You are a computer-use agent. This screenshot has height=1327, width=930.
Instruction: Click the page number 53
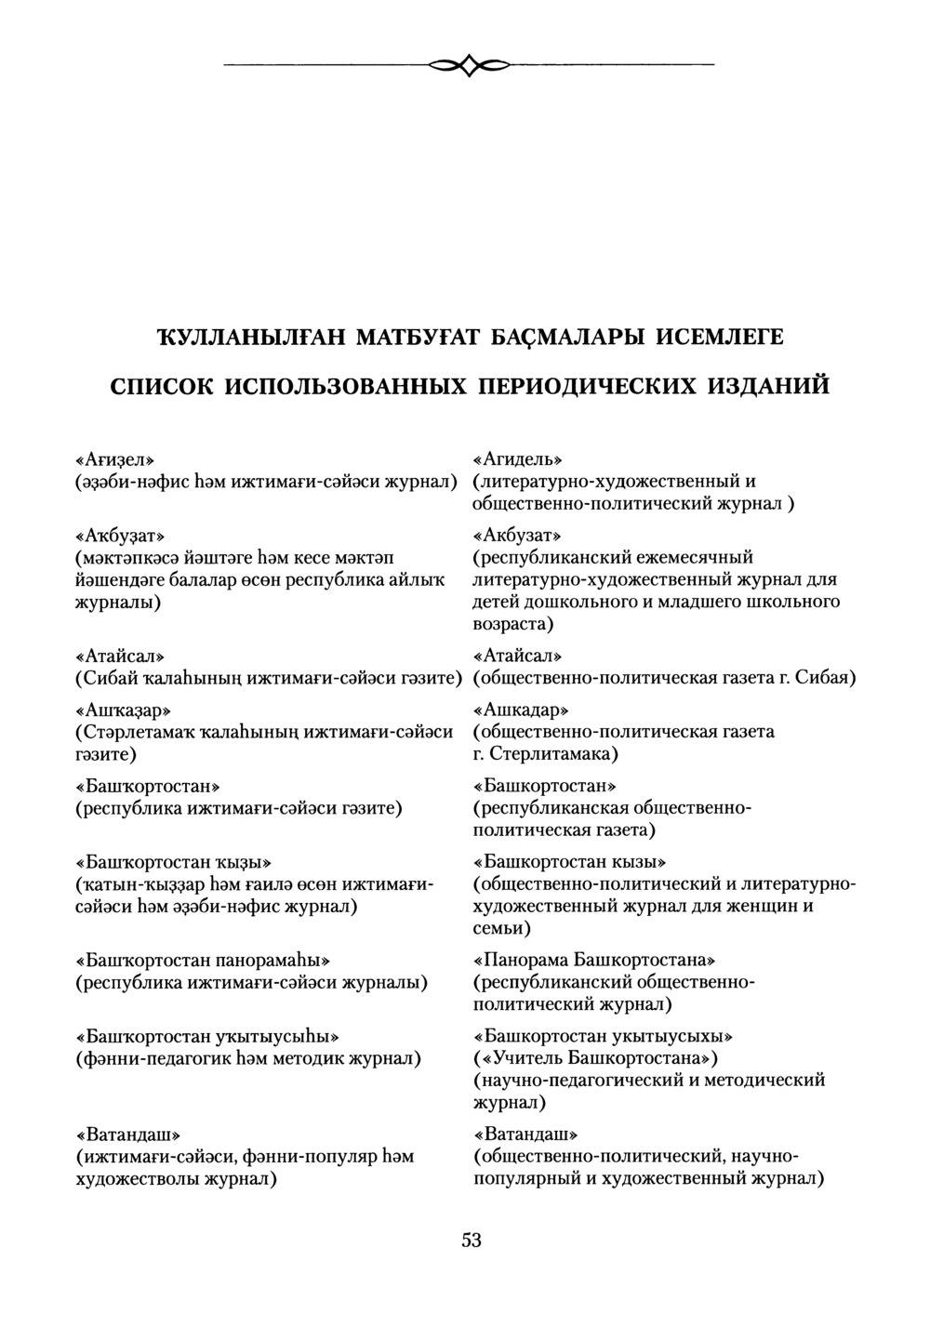471,1240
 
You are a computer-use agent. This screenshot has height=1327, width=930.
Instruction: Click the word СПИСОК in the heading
161,385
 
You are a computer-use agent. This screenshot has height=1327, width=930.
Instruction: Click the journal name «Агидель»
518,459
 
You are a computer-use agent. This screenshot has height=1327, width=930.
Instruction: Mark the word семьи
502,928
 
